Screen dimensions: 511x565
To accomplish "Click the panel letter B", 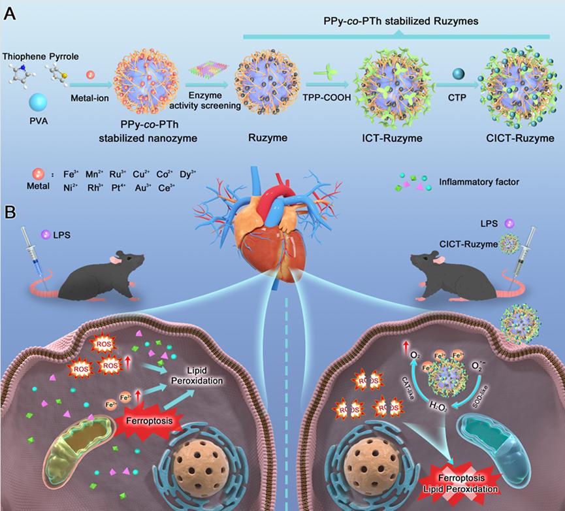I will click(x=10, y=214).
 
